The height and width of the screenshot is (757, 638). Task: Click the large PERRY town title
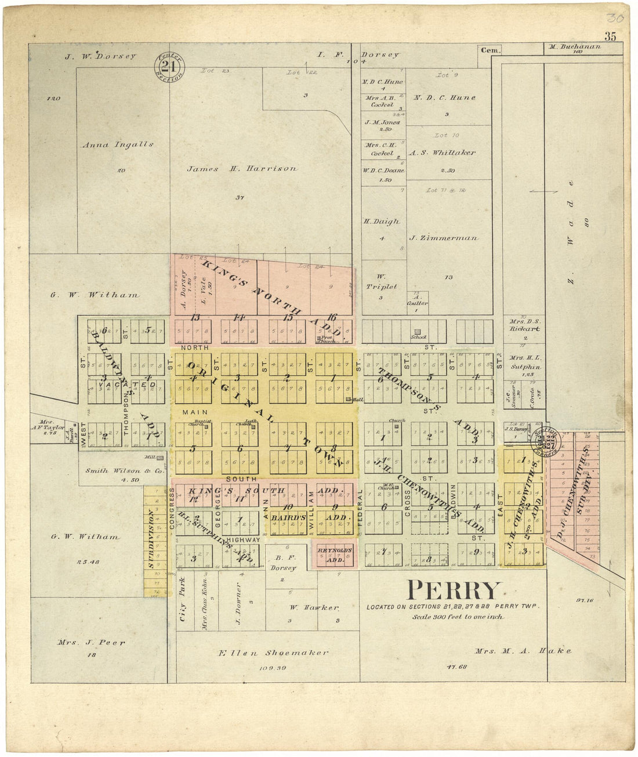(453, 591)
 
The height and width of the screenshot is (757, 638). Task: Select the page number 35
(610, 37)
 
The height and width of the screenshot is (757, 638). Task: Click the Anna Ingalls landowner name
(118, 144)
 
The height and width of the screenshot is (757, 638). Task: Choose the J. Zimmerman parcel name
(443, 238)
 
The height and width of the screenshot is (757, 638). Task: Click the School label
(418, 337)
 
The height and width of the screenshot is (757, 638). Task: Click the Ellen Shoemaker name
(273, 653)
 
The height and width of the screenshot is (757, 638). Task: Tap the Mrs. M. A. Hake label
(523, 651)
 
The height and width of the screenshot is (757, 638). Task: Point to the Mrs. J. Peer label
(91, 643)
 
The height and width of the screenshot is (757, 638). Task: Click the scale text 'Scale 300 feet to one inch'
(458, 617)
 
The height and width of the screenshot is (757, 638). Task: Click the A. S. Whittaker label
(442, 153)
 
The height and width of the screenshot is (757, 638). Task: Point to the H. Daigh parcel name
(382, 222)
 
